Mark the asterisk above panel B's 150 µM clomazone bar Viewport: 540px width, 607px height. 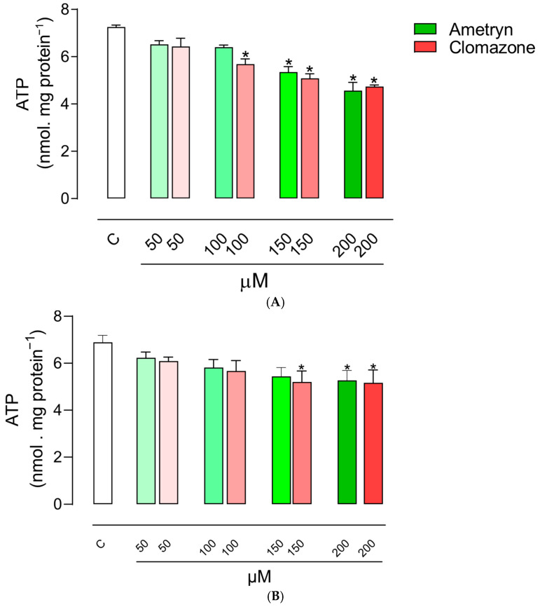[x=301, y=368]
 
